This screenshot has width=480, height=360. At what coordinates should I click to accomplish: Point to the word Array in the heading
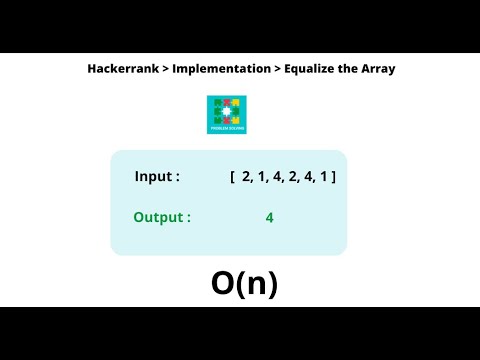click(x=378, y=69)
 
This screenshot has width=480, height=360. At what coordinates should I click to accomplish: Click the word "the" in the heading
click(x=349, y=69)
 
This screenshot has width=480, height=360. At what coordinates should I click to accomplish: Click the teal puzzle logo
click(x=226, y=114)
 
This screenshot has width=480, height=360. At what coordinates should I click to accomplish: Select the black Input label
click(x=157, y=177)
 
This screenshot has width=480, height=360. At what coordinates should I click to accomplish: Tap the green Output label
click(x=162, y=217)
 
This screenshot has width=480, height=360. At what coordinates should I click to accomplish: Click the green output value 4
click(x=270, y=217)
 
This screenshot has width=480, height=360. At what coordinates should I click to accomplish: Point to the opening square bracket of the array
click(x=232, y=177)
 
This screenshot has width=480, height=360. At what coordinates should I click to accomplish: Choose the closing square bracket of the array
click(x=334, y=177)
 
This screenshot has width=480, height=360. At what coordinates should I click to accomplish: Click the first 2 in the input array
click(x=246, y=177)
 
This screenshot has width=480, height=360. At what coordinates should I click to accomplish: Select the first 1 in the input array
click(x=261, y=177)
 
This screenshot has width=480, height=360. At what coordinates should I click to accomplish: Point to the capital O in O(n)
click(x=223, y=285)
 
